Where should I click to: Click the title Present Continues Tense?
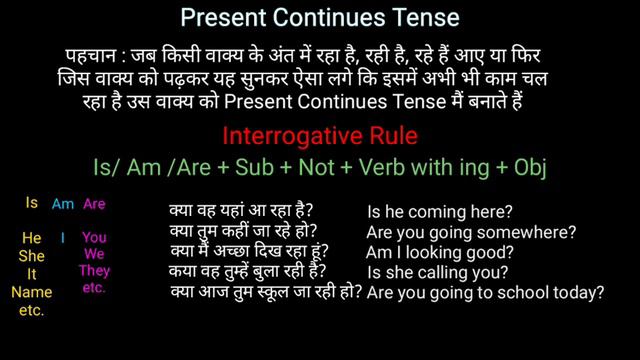(320, 18)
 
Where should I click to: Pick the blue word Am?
(63, 205)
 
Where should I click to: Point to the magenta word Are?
(94, 205)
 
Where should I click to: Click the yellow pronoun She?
(32, 256)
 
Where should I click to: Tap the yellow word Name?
(32, 292)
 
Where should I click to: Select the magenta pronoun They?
(94, 272)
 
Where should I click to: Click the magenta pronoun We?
(94, 255)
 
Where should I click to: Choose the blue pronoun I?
(62, 238)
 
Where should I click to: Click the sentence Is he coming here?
(441, 212)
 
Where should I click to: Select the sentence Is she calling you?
(438, 272)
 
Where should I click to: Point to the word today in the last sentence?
(579, 293)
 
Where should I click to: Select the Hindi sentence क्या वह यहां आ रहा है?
(241, 212)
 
